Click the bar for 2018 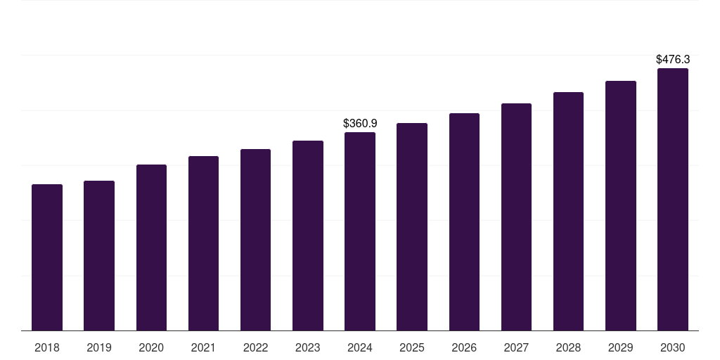tap(47, 257)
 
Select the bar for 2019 tap(99, 256)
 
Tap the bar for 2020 tap(151, 247)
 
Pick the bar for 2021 tap(203, 243)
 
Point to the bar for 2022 tap(255, 240)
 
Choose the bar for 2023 tap(308, 236)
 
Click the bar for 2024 tap(360, 231)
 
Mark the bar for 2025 tap(412, 227)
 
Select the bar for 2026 tap(464, 222)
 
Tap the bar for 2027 tap(516, 217)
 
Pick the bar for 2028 tap(568, 212)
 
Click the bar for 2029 tap(621, 206)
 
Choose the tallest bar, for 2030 tap(673, 200)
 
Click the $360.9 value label tap(360, 124)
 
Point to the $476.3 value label tap(673, 60)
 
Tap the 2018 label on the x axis tap(47, 347)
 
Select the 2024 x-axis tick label tap(360, 347)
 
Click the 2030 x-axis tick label tap(673, 347)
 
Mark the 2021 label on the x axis tap(203, 347)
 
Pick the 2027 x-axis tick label tap(516, 347)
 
